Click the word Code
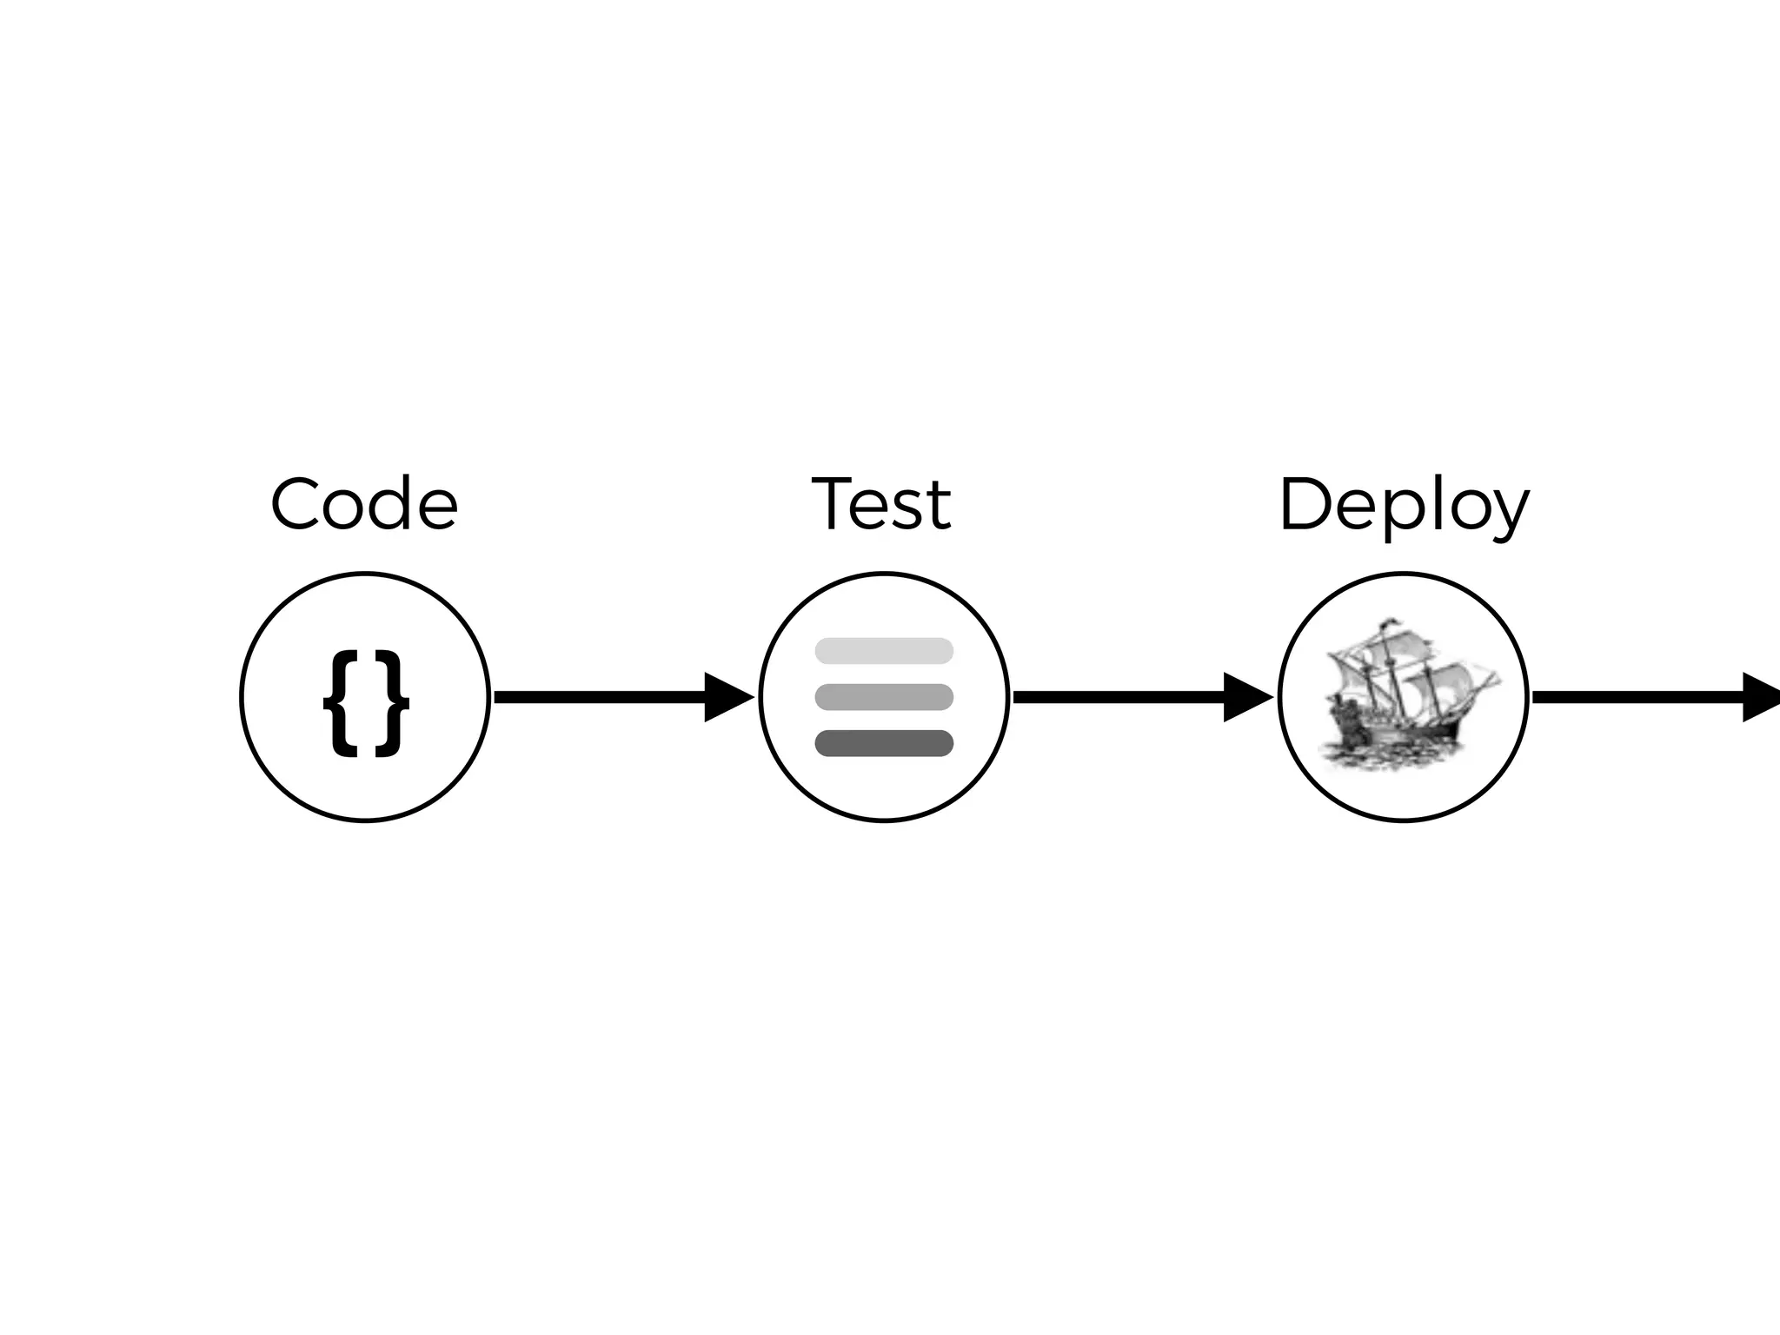pyautogui.click(x=364, y=505)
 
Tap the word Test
pyautogui.click(x=881, y=505)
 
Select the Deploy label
pyautogui.click(x=1404, y=507)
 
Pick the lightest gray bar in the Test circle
pyautogui.click(x=884, y=651)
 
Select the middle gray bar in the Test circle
pyautogui.click(x=884, y=697)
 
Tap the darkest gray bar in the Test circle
pyautogui.click(x=884, y=744)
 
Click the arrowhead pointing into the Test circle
pyautogui.click(x=727, y=697)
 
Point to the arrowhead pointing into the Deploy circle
pyautogui.click(x=1245, y=697)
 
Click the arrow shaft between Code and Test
pyautogui.click(x=600, y=697)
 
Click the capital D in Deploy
pyautogui.click(x=1306, y=505)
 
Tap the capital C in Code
pyautogui.click(x=298, y=505)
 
